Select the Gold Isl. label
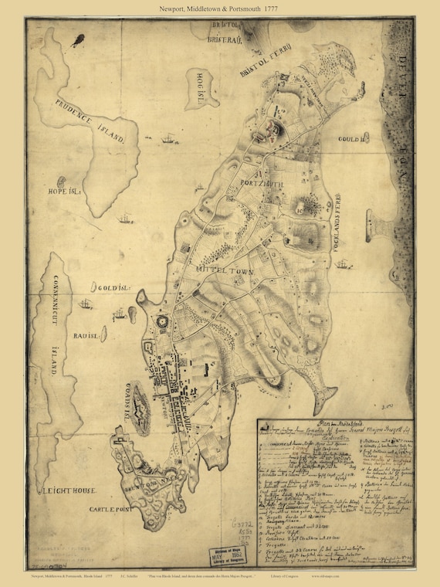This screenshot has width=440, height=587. click(x=110, y=287)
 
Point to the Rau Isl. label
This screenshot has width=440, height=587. click(x=85, y=337)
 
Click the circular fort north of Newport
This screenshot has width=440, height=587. click(x=163, y=321)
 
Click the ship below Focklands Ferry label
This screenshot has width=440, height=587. click(x=341, y=264)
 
